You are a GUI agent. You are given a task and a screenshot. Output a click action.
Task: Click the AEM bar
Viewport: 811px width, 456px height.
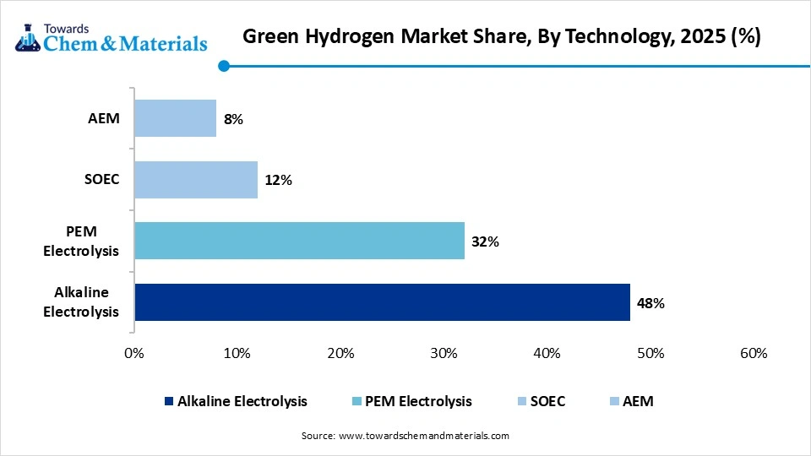(175, 118)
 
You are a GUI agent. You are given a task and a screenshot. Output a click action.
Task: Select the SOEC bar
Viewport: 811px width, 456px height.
(196, 180)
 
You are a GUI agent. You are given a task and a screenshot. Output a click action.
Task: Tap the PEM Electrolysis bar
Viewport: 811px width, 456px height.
(299, 241)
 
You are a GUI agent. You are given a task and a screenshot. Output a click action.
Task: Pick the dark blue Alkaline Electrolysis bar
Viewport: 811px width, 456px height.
(382, 302)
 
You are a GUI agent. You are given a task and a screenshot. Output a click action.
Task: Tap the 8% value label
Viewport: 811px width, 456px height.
(233, 119)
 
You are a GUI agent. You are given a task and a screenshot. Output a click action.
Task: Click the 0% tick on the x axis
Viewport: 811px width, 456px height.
(133, 353)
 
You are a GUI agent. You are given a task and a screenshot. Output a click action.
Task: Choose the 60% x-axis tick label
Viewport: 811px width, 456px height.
(753, 353)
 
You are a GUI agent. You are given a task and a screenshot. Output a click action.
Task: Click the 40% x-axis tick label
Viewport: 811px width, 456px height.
(547, 353)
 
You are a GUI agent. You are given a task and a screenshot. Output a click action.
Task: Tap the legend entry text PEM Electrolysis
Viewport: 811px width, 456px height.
(418, 401)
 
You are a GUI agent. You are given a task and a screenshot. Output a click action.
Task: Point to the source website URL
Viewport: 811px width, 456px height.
(423, 436)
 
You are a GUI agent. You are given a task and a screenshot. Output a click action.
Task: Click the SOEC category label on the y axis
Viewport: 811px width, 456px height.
(101, 180)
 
